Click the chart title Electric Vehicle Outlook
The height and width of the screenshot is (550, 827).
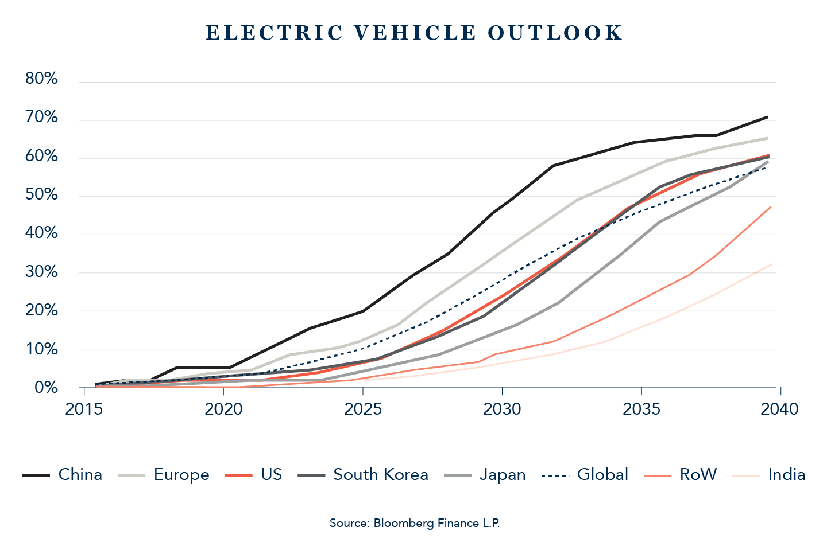click(413, 33)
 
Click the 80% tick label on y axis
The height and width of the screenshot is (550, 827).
click(41, 79)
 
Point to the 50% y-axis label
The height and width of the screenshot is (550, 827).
click(41, 195)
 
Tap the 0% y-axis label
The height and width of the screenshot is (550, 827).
click(46, 388)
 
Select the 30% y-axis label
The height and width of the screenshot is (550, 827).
click(41, 272)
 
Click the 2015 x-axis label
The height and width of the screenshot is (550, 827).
click(84, 409)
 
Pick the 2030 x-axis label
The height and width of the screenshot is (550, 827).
click(502, 409)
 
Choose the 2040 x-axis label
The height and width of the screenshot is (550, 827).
click(780, 409)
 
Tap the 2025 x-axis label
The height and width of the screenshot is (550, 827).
click(363, 409)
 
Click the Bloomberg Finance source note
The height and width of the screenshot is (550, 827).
click(414, 523)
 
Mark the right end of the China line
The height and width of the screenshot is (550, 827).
click(768, 117)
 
